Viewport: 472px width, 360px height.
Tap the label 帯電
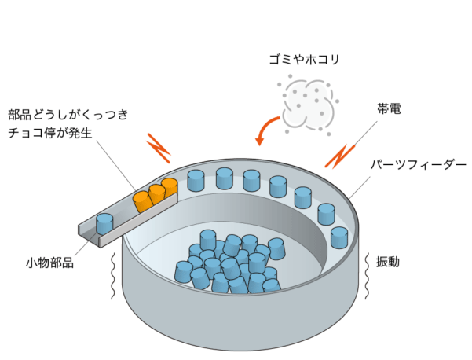(389, 109)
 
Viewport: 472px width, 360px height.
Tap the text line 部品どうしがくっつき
(68, 115)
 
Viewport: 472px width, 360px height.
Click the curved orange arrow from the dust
(268, 130)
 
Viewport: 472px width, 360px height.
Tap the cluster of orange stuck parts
(154, 195)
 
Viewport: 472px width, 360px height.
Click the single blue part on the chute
(105, 223)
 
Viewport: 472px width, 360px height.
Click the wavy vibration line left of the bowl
(115, 275)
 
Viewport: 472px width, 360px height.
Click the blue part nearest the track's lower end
(339, 237)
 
